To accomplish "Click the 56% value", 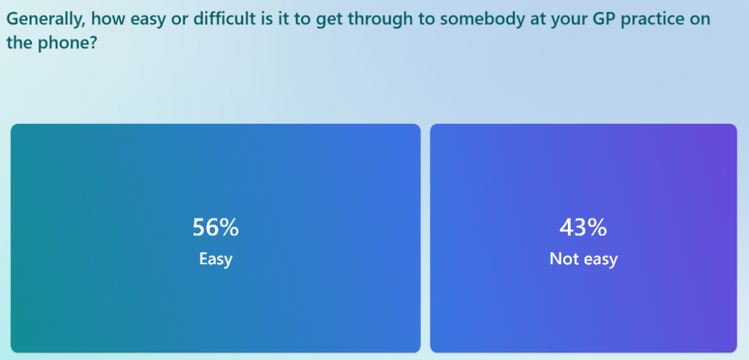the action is (x=215, y=228).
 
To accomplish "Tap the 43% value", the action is (x=584, y=228).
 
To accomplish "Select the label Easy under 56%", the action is (x=215, y=259).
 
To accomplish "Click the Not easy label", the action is (x=584, y=259).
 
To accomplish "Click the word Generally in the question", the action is (x=44, y=20).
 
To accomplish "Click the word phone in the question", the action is (x=65, y=44).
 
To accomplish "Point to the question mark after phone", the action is (x=94, y=43).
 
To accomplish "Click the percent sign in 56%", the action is (x=228, y=228).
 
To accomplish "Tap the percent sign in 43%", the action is (x=596, y=228).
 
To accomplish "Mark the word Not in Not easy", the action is (x=561, y=259).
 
